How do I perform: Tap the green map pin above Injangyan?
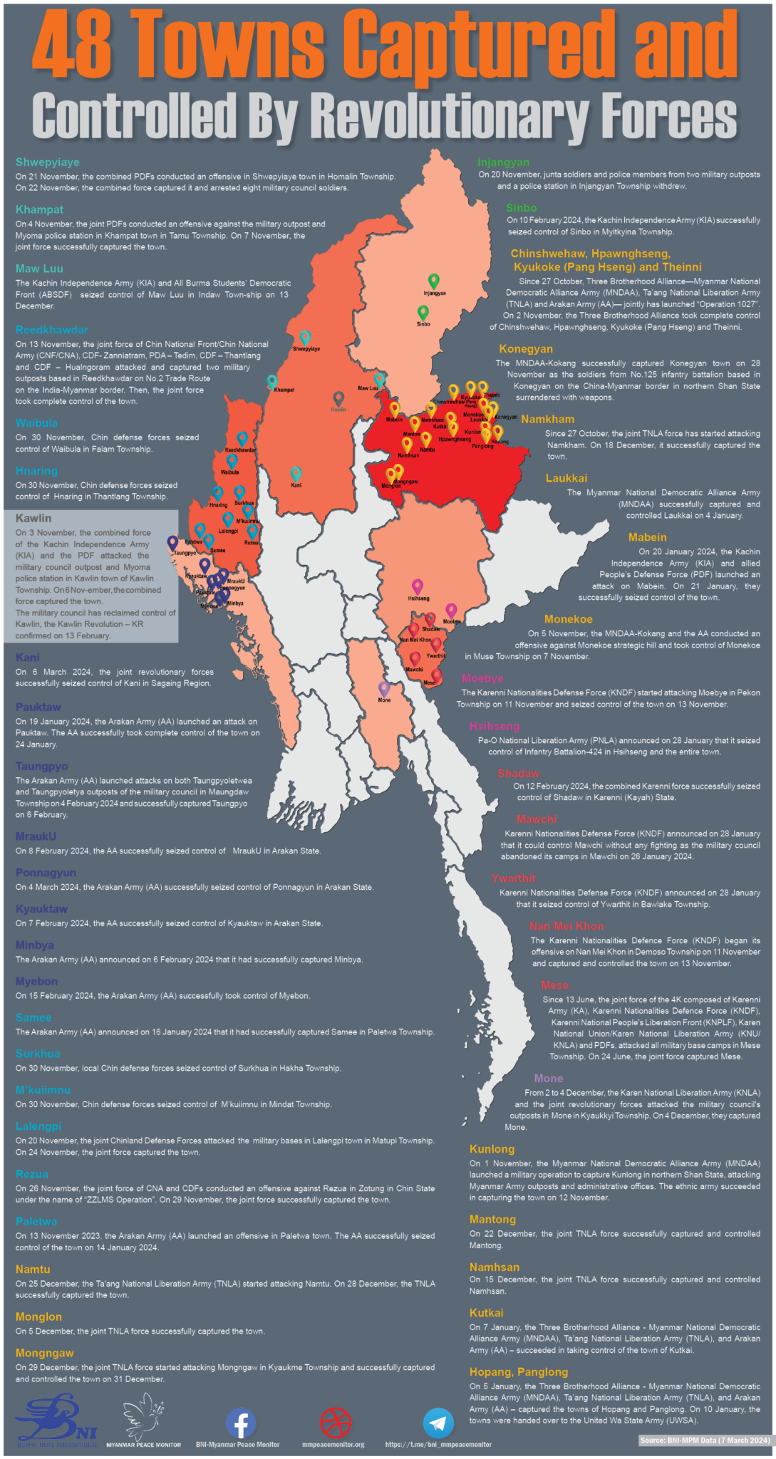tap(433, 281)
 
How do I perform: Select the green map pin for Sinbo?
tap(423, 312)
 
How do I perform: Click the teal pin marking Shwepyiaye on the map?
tap(305, 337)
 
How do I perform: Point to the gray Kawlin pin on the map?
tap(338, 398)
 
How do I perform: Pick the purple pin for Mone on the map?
tap(384, 688)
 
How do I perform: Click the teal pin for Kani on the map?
tap(296, 474)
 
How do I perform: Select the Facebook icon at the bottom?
tap(241, 1423)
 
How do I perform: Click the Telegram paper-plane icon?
tap(438, 1423)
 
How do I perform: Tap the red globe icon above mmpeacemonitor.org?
tap(336, 1423)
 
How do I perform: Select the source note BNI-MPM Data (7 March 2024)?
tap(705, 1440)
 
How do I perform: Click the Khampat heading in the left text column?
tap(39, 209)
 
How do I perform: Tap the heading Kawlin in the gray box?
tap(33, 518)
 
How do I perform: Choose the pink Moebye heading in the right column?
tap(482, 678)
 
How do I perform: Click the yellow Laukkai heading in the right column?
tap(567, 478)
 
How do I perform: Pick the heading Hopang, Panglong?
tap(518, 1371)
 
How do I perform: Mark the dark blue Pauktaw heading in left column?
tap(38, 707)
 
